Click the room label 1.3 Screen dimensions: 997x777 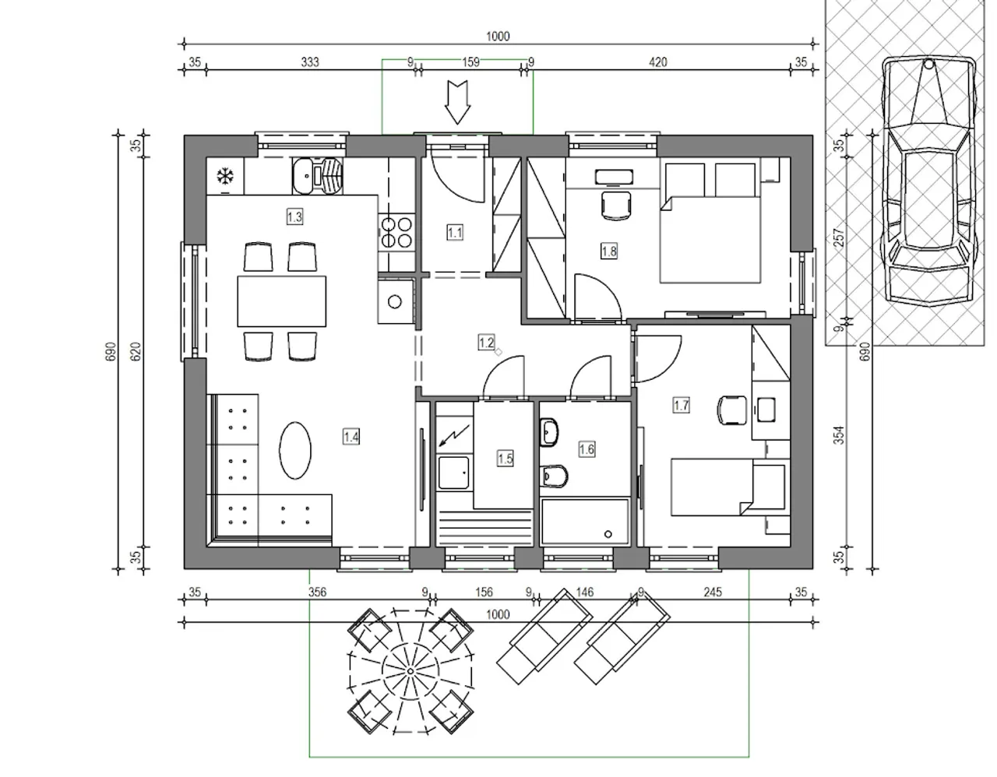[294, 216]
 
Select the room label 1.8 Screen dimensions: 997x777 [609, 251]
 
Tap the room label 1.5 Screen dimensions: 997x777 [506, 459]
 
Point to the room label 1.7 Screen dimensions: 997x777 [681, 405]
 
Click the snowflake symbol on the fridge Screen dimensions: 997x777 [225, 176]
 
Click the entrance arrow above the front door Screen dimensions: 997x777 [457, 102]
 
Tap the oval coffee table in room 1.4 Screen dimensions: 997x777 [295, 450]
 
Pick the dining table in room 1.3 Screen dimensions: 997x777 [282, 301]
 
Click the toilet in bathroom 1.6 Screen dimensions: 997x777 [555, 476]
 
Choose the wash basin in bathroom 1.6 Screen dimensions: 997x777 [549, 432]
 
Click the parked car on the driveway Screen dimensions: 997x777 [929, 181]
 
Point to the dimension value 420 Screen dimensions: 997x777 [657, 62]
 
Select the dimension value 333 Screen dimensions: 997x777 [310, 62]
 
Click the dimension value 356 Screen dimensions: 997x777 [317, 592]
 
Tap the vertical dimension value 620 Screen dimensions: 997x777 [136, 351]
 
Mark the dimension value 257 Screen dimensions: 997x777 [839, 237]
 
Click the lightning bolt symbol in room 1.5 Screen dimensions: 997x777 [454, 435]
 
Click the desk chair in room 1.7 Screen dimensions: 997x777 [731, 410]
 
